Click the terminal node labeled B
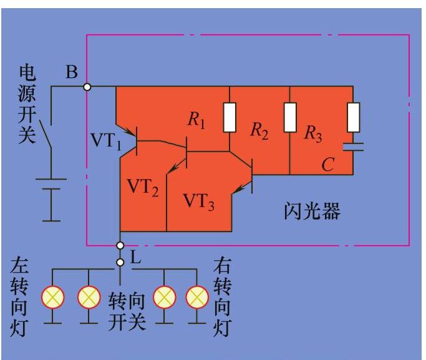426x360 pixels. click(x=87, y=87)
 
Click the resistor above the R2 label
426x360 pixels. click(x=230, y=117)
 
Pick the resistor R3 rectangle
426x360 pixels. click(x=290, y=117)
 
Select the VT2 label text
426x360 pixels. click(x=143, y=188)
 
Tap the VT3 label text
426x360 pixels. click(x=198, y=201)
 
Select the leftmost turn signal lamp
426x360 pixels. click(x=52, y=298)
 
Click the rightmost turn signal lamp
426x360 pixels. click(x=197, y=298)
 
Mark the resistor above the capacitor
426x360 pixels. click(x=354, y=117)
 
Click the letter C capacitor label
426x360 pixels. click(x=327, y=165)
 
